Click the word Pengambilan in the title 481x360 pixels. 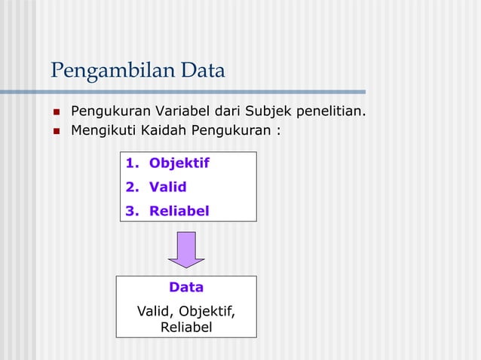point(108,72)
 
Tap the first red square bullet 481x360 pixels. point(56,113)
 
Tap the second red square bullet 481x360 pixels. point(56,131)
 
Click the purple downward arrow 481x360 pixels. point(186,249)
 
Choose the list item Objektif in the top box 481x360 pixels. point(179,163)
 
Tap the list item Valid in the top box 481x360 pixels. point(167,187)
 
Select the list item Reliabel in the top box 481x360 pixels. point(179,211)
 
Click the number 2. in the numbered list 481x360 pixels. point(132,187)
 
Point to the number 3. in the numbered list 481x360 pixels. point(132,211)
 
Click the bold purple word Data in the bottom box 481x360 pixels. point(186,287)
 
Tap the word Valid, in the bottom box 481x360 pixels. point(155,310)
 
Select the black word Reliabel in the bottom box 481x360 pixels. point(186,327)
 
